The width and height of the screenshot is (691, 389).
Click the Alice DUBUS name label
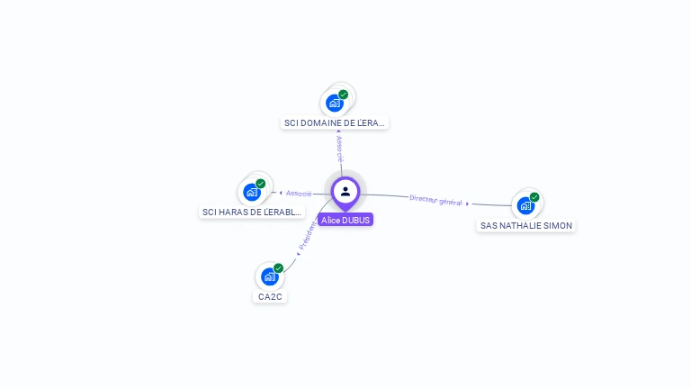click(x=345, y=220)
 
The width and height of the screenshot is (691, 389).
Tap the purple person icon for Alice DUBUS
click(x=345, y=191)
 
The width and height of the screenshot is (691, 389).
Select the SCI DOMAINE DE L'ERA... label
click(x=335, y=122)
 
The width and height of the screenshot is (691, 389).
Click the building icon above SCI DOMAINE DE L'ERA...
click(x=335, y=103)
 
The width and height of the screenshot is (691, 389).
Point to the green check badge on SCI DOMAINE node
click(x=343, y=95)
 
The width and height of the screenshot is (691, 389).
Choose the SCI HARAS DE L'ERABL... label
click(x=252, y=212)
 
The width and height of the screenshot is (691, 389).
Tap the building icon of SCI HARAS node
click(x=252, y=192)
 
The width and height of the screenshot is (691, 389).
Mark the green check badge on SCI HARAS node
click(x=261, y=184)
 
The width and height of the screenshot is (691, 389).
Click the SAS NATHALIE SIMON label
click(x=525, y=225)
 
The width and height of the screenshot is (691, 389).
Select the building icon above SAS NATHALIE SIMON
click(x=525, y=205)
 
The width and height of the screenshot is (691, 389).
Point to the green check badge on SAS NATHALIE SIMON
click(x=534, y=197)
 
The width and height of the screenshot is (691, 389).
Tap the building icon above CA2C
click(x=270, y=276)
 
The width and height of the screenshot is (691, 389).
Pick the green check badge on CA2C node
click(x=279, y=268)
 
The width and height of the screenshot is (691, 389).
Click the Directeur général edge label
click(x=435, y=200)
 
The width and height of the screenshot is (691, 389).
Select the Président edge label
click(x=308, y=236)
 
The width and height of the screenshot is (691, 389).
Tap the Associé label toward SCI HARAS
click(x=299, y=193)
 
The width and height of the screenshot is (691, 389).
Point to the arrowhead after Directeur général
click(x=468, y=204)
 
